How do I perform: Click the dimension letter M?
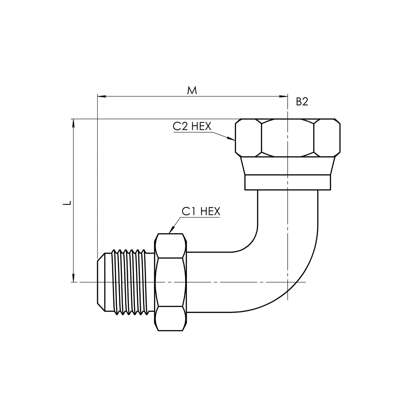pos(192,90)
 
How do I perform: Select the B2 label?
pos(302,101)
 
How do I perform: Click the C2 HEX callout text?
pos(192,126)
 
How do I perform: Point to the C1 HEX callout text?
pos(201,211)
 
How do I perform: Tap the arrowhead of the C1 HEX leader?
pos(172,230)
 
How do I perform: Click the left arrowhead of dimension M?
pos(102,96)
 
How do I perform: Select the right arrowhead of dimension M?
pos(283,96)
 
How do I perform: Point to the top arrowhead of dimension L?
pos(74,124)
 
